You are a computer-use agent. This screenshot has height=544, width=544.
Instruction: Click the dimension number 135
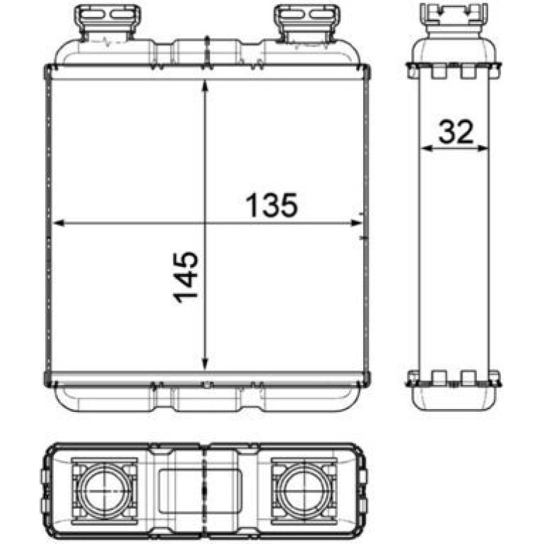(x=272, y=205)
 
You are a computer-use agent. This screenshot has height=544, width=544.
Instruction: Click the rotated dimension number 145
(x=186, y=277)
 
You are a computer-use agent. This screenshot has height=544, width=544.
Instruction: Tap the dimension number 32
(x=456, y=131)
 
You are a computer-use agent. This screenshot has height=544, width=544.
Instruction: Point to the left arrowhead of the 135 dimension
(x=59, y=223)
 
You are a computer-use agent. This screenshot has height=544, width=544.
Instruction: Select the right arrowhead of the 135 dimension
(x=356, y=223)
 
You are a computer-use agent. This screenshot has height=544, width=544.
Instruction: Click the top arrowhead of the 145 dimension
(x=205, y=86)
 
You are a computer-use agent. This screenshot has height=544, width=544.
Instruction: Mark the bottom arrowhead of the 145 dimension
(x=205, y=364)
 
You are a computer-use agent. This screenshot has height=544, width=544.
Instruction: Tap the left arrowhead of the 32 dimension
(x=427, y=148)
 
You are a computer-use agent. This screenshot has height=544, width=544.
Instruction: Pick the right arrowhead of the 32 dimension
(x=483, y=148)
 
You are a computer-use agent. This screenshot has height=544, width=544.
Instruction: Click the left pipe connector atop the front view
(x=107, y=21)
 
